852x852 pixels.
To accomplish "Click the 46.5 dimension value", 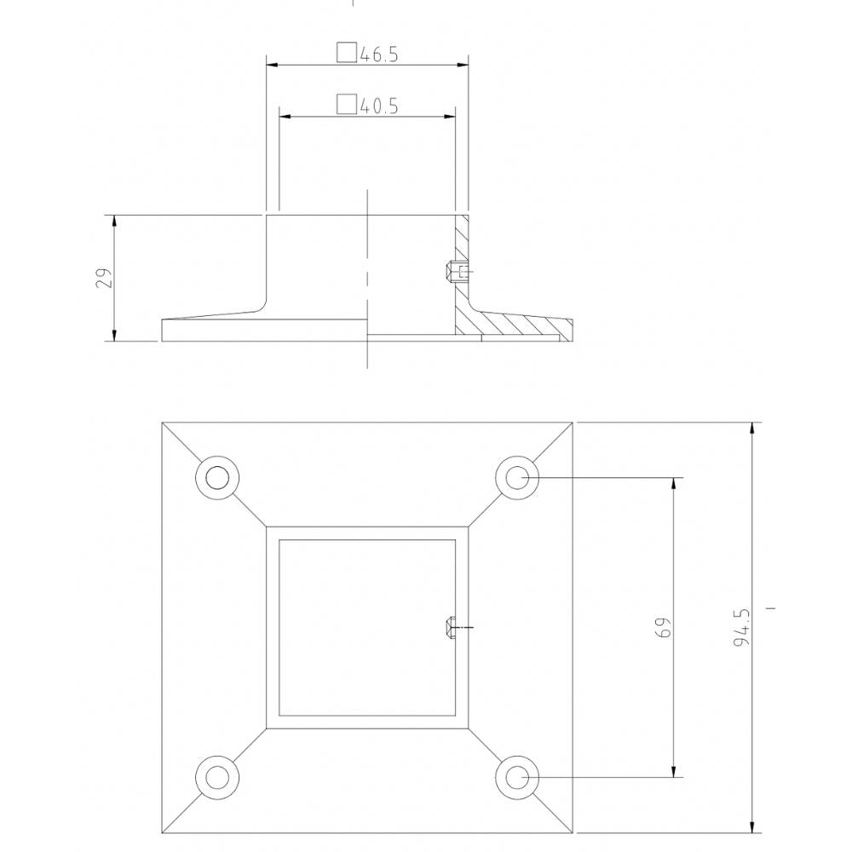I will click(x=380, y=55).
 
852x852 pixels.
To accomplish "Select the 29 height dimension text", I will click(x=103, y=279).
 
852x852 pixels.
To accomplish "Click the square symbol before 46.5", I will click(x=346, y=53).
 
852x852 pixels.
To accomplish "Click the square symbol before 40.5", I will click(x=346, y=104).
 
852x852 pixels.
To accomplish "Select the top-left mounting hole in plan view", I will click(x=216, y=477).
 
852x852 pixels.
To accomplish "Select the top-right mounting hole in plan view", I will click(x=518, y=477).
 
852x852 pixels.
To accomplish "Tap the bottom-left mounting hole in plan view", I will click(x=216, y=777).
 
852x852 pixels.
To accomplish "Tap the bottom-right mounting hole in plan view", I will click(x=518, y=777).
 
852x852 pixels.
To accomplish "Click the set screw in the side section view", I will click(x=456, y=273).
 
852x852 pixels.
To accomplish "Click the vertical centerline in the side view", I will click(x=367, y=256).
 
